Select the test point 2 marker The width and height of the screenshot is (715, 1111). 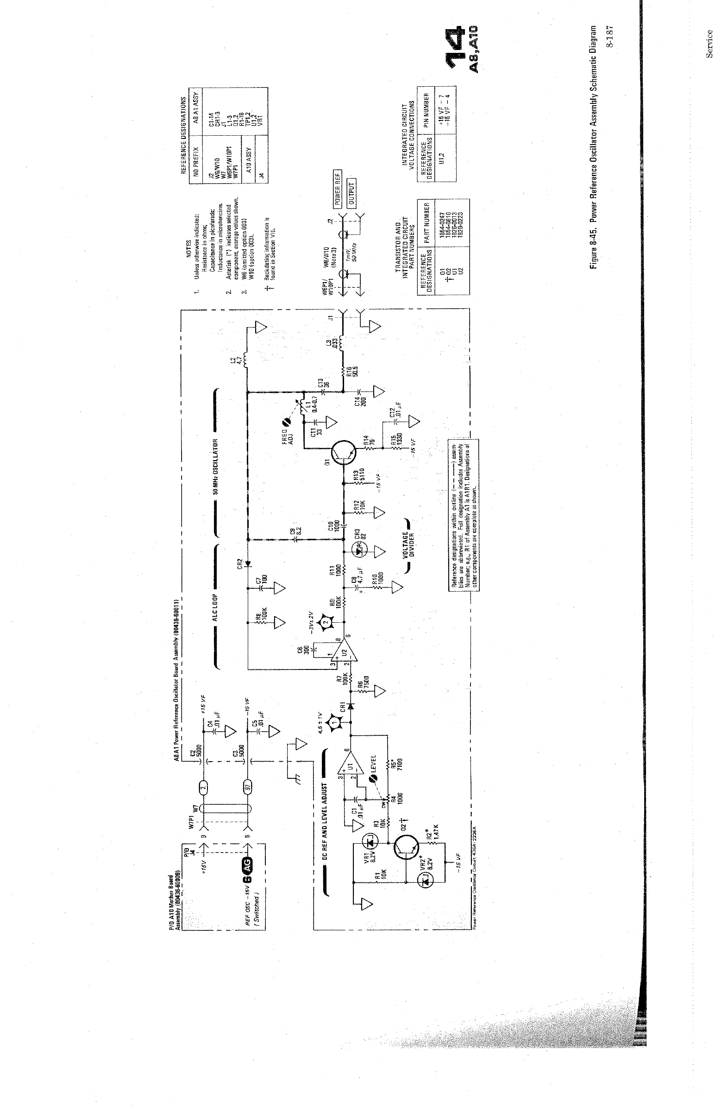click(x=326, y=622)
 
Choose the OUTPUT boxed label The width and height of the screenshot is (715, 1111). click(x=351, y=193)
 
